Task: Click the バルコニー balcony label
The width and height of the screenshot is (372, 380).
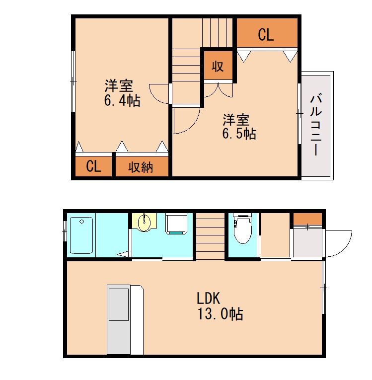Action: click(x=315, y=125)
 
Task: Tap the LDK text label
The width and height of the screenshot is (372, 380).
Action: click(x=209, y=299)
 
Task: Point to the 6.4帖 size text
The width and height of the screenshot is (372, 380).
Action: click(x=122, y=101)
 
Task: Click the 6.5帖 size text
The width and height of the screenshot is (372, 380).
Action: click(x=239, y=134)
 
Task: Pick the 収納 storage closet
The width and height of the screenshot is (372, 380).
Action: click(x=141, y=167)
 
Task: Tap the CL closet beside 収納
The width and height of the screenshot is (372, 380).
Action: click(x=93, y=167)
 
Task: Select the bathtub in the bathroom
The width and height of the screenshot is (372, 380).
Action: click(x=81, y=235)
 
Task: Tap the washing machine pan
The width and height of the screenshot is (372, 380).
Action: click(x=176, y=224)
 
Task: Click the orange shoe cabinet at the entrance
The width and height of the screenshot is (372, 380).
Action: click(x=307, y=219)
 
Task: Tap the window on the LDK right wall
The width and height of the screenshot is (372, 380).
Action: click(x=323, y=288)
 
